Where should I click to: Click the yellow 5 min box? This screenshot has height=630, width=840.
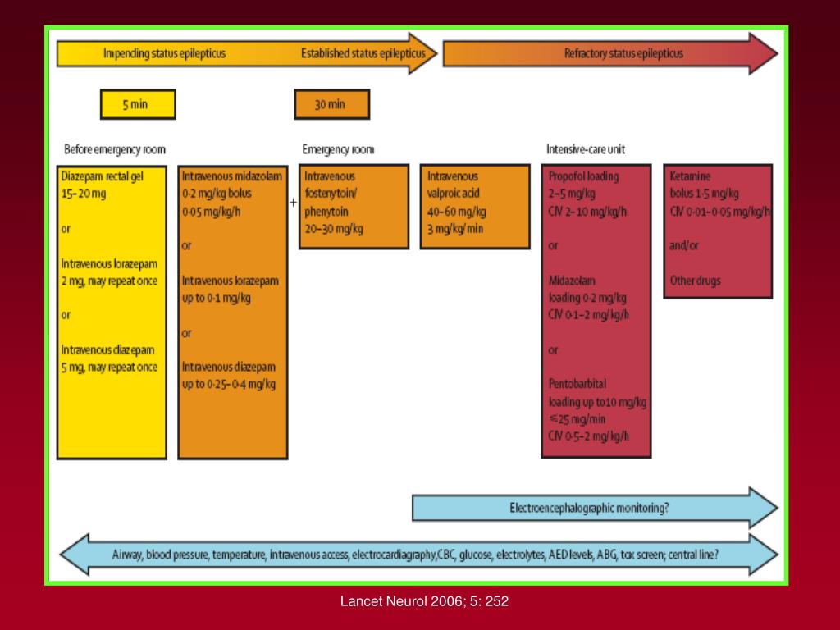(137, 104)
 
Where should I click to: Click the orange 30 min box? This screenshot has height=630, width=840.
(331, 104)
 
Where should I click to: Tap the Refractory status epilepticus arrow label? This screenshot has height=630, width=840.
(623, 54)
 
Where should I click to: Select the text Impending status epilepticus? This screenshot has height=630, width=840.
(164, 54)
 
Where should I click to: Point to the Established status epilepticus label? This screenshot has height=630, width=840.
(363, 54)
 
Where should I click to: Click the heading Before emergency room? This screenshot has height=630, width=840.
(115, 149)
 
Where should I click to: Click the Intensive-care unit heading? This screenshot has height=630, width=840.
(586, 149)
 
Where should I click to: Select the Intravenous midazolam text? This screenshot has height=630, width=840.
(232, 176)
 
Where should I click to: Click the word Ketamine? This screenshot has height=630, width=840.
(690, 176)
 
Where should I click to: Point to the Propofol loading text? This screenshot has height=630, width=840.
(583, 176)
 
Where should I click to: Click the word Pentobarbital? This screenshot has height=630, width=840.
(577, 383)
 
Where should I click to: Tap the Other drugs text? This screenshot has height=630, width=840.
(695, 281)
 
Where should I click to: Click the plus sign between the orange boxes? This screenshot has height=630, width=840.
(293, 202)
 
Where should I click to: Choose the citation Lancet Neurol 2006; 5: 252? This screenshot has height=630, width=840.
(425, 601)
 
